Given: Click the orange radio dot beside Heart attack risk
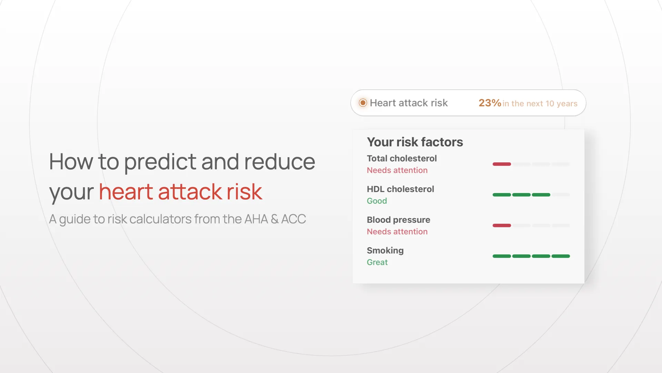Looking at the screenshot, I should click(x=363, y=103).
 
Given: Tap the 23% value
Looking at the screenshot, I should click(x=490, y=103).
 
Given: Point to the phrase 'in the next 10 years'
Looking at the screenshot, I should click(x=540, y=104).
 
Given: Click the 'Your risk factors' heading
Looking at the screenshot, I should click(x=415, y=142).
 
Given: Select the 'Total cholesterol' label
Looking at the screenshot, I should click(x=402, y=159).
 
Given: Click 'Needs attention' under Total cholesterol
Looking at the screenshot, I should click(x=397, y=170).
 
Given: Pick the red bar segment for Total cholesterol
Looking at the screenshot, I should click(x=502, y=164).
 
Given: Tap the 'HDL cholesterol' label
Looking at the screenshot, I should click(x=400, y=189).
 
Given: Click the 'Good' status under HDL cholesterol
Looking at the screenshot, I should click(x=377, y=201).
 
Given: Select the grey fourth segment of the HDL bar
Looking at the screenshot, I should click(x=561, y=195).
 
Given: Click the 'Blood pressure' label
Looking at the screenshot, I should click(x=399, y=220).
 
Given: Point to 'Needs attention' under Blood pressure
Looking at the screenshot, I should click(x=397, y=232).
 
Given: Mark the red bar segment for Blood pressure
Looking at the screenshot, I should click(x=502, y=226).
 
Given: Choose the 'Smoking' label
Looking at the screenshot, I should click(x=385, y=251).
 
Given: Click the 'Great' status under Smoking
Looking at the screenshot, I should click(x=377, y=262).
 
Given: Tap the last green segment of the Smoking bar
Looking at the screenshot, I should click(x=561, y=256).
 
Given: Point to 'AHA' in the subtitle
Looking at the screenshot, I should click(x=256, y=219).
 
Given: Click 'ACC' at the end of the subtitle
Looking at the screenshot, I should click(x=293, y=219).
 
